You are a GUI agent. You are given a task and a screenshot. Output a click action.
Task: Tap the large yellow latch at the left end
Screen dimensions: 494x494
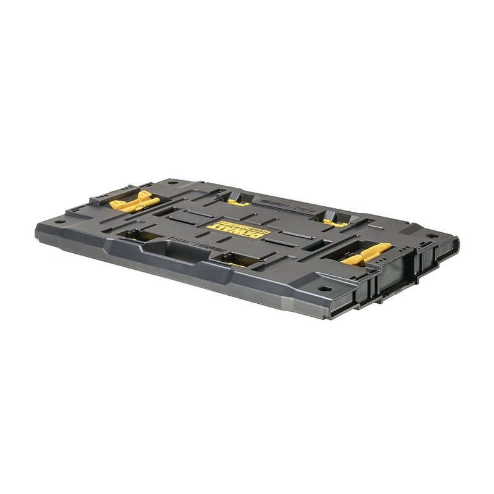134,202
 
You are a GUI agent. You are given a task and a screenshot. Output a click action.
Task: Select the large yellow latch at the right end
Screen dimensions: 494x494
367,253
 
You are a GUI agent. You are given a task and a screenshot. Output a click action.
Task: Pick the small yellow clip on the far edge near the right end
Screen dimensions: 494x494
335,222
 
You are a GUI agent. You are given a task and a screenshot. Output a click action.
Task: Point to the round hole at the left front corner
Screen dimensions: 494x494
59,221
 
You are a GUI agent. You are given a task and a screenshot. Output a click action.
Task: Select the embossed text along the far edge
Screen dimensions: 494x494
269,203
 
